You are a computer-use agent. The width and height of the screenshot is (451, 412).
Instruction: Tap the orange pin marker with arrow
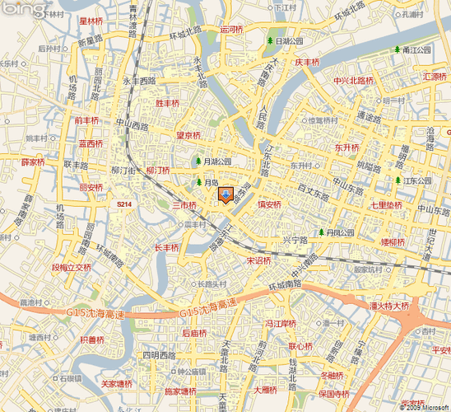pos(225,195)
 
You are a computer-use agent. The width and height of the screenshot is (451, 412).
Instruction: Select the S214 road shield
pos(123,204)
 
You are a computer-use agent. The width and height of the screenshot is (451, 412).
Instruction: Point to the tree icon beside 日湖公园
pos(269,40)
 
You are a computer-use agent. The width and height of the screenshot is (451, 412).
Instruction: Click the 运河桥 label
pos(232,29)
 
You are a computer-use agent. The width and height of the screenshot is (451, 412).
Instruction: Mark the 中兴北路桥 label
pos(354,81)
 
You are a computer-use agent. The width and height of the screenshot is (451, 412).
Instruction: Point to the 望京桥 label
pos(188,135)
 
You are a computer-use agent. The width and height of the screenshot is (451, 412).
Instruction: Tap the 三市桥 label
pos(184,204)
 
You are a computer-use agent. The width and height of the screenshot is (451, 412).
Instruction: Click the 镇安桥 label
pos(269,204)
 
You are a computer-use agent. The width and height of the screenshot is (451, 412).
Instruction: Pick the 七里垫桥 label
pos(386,204)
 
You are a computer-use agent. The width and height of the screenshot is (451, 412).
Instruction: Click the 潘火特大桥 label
pos(389,305)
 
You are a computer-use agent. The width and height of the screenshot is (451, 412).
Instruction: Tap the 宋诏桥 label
pos(258,260)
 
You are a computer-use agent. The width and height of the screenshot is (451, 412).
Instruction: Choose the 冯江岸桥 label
pos(280,324)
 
